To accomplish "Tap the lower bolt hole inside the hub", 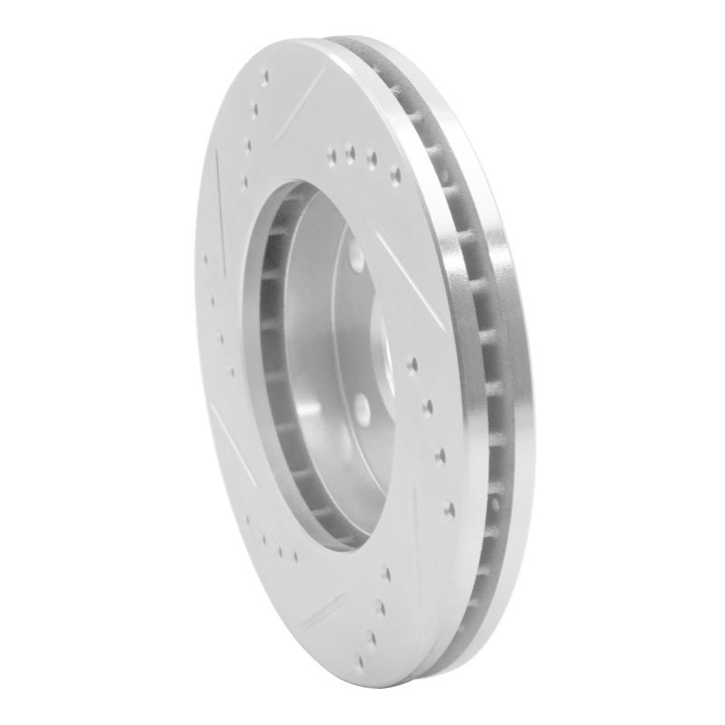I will click(360, 405).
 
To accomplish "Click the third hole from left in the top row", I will click(372, 160).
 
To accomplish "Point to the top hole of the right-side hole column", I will click(413, 365).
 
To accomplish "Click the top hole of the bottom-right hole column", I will click(386, 573).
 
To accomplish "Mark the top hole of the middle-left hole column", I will click(207, 260).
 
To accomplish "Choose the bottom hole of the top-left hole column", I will click(244, 181).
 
